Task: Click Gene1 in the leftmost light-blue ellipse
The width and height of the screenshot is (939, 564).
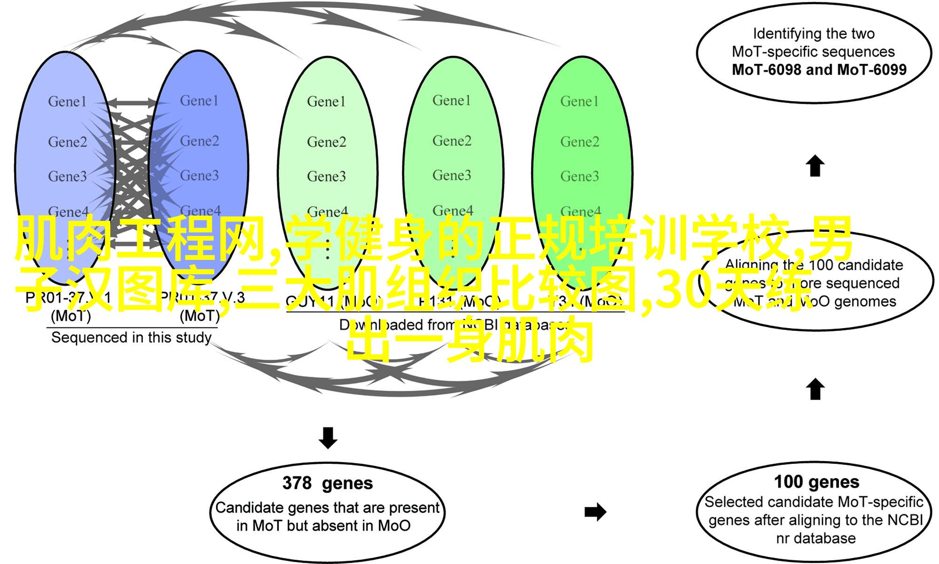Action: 67,102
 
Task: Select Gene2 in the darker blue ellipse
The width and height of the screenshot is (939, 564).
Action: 200,141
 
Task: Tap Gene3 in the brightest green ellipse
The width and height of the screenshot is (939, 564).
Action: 579,176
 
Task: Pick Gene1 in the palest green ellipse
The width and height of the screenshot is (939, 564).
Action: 326,102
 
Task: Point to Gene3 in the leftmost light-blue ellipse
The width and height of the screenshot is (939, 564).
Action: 67,176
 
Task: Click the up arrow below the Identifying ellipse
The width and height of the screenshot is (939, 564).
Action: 815,166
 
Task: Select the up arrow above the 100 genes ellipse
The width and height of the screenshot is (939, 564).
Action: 815,389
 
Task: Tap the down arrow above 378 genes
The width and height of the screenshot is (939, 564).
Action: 328,438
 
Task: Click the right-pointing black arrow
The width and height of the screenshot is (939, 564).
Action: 595,512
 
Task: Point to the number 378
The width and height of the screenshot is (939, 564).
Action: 297,483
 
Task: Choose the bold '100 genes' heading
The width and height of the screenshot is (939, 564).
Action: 816,482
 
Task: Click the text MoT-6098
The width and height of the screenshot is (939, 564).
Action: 766,70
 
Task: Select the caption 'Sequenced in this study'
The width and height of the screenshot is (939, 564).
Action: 131,337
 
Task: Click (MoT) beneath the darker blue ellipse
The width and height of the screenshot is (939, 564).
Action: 200,316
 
